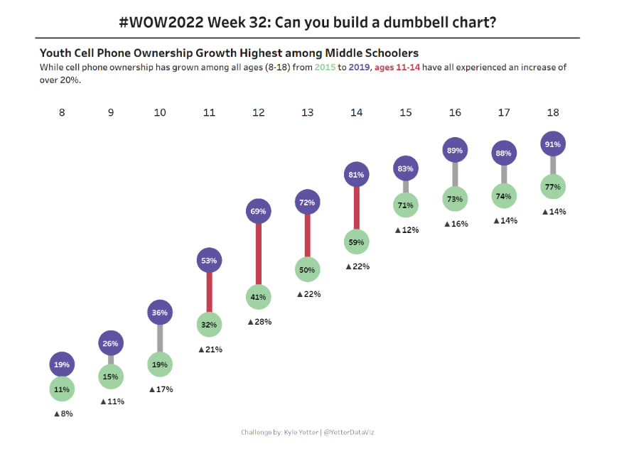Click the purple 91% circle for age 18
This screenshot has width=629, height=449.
(x=553, y=144)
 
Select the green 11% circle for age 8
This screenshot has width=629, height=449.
(x=62, y=389)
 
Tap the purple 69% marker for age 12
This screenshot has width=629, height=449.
(x=259, y=211)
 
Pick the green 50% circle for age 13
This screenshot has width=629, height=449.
(x=307, y=270)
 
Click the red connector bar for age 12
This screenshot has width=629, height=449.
(x=259, y=254)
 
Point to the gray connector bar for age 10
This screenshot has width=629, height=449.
(x=160, y=338)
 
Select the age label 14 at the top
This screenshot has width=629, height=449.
(x=357, y=112)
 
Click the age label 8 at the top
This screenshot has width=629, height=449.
(x=62, y=112)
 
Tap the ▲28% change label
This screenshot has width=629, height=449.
(x=259, y=322)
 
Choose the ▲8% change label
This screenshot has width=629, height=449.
(x=63, y=413)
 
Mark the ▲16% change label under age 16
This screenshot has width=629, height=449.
(x=456, y=224)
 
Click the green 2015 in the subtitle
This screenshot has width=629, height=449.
(x=325, y=68)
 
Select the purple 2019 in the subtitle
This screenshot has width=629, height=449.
(x=360, y=68)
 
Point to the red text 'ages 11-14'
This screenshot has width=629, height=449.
(x=399, y=68)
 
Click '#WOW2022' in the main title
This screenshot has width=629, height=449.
(x=161, y=22)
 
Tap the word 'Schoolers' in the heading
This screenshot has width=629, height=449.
(x=391, y=53)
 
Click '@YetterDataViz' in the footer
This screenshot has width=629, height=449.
(x=355, y=432)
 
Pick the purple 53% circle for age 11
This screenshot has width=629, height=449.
(x=209, y=260)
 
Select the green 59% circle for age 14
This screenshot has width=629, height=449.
(x=357, y=242)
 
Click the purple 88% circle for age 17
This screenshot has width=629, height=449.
(x=504, y=153)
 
